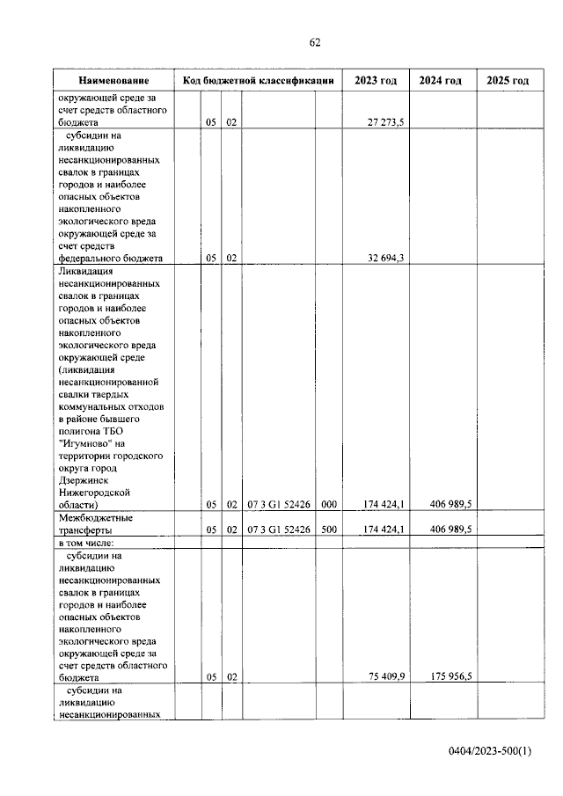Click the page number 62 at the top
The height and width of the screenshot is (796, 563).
(315, 42)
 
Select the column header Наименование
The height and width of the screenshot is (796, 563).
(113, 81)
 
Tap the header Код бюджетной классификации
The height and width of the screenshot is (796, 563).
(258, 81)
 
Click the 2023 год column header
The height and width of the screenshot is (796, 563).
(376, 81)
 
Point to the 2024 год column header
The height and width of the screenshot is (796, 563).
(442, 81)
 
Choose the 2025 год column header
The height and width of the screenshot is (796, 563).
(508, 81)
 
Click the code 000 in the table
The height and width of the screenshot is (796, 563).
(329, 505)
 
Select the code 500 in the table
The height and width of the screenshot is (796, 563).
(329, 530)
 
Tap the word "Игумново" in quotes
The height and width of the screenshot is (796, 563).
(84, 444)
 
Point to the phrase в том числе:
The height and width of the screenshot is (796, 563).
(91, 544)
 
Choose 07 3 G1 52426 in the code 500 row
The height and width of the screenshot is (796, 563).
(278, 530)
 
